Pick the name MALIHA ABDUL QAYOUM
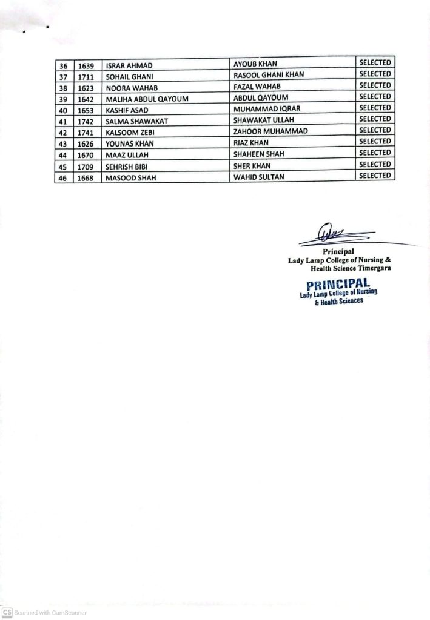point(143,98)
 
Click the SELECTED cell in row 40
point(375,108)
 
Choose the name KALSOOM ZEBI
point(130,132)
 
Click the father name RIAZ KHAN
point(250,143)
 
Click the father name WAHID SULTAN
point(258,177)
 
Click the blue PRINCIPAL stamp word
point(338,283)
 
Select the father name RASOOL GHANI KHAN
point(269,74)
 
